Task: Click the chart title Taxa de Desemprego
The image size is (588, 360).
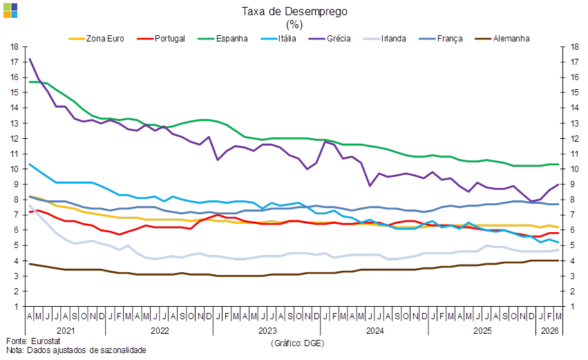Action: (294, 11)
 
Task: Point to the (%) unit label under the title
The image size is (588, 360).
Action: (294, 23)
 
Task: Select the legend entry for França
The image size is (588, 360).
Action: (450, 38)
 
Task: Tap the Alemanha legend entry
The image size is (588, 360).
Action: (511, 38)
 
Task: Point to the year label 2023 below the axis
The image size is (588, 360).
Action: (267, 331)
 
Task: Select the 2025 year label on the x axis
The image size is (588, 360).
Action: (482, 331)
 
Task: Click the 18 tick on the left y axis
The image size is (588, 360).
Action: (15, 47)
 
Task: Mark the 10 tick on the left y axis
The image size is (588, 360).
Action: (15, 169)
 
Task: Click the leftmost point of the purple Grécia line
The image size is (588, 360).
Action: (29, 59)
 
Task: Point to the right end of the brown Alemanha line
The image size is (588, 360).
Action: (559, 260)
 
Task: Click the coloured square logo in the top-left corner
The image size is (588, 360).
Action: (10, 10)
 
